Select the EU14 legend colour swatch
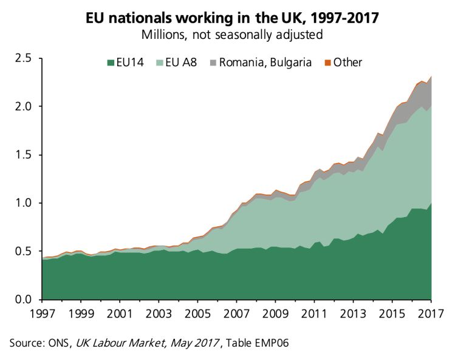110,63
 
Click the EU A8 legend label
180,63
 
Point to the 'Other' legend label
347,63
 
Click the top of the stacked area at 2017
431,77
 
